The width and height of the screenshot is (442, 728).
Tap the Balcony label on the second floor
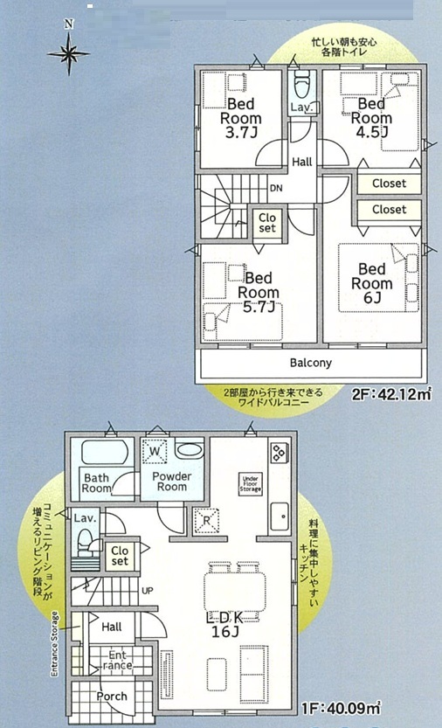[311, 363]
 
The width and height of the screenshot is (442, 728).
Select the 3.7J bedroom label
[240, 118]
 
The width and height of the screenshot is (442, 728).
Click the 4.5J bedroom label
[371, 118]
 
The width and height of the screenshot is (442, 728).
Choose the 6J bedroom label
[371, 283]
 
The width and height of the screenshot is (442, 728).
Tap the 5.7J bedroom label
[259, 293]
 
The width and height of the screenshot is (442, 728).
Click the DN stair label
[276, 189]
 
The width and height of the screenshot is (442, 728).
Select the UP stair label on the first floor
[147, 591]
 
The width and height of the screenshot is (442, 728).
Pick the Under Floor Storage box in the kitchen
[250, 484]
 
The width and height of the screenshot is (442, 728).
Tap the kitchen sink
[280, 517]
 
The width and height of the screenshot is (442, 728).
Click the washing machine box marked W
[155, 450]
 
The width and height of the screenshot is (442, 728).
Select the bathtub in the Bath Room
[105, 452]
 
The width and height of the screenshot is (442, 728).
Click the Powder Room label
[172, 482]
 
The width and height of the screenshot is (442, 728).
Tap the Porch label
[112, 697]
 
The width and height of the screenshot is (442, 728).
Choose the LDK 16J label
[224, 625]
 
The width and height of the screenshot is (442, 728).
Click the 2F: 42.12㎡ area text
[391, 394]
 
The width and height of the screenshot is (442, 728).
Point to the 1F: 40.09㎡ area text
[341, 709]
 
